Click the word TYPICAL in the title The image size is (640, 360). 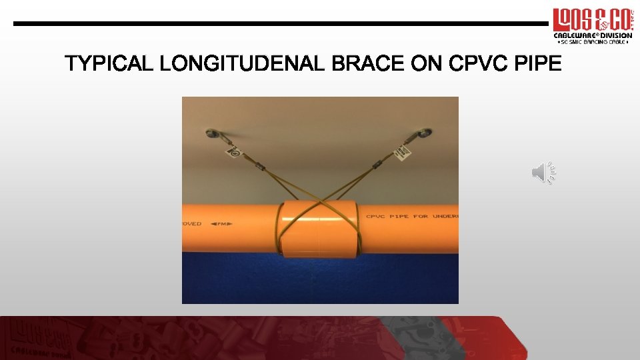[109, 64]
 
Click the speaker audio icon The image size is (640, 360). [543, 173]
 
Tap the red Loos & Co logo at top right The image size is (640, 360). [591, 20]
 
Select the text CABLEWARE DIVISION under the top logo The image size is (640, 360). [593, 35]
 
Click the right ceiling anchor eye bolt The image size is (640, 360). [423, 133]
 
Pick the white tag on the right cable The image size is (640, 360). [403, 153]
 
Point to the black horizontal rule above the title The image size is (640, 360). [280, 23]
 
